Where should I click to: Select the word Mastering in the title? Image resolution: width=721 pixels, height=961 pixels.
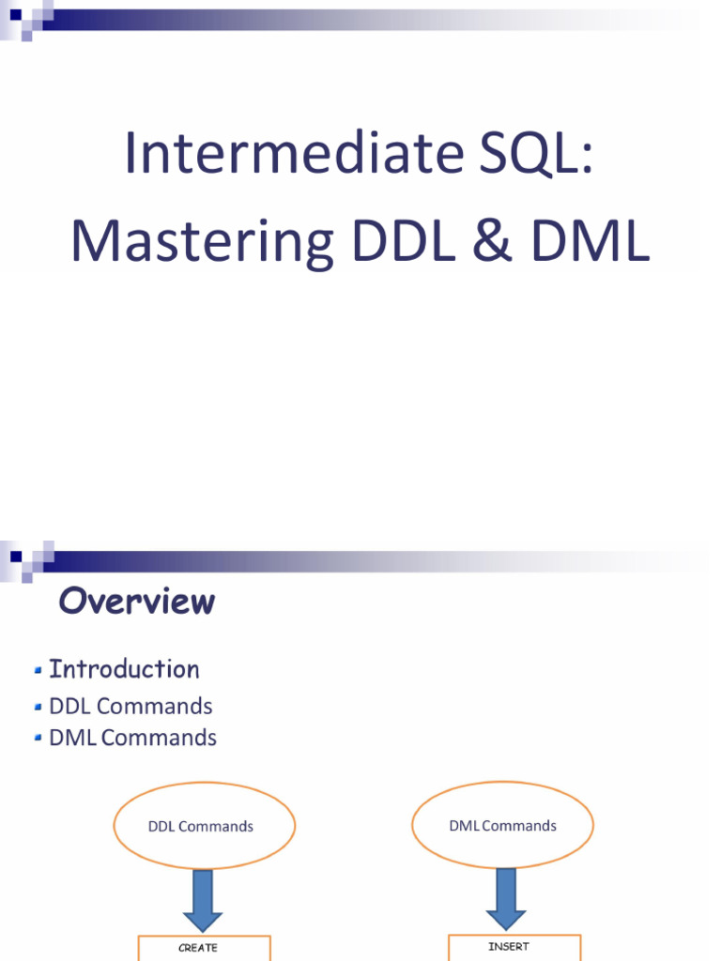click(203, 242)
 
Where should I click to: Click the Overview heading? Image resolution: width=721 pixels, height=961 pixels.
click(137, 601)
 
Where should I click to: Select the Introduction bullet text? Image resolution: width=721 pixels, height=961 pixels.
click(125, 668)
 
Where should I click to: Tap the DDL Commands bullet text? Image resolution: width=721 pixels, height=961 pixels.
click(130, 706)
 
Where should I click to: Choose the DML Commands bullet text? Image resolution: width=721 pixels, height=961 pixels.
click(132, 738)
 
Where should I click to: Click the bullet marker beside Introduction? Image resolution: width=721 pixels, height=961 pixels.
click(38, 670)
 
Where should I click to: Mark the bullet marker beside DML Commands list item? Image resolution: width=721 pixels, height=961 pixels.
click(38, 738)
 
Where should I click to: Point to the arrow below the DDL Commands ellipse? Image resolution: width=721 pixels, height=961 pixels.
click(203, 900)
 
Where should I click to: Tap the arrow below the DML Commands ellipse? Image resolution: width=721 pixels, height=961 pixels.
click(506, 899)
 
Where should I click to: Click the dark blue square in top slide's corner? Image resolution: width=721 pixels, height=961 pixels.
click(16, 14)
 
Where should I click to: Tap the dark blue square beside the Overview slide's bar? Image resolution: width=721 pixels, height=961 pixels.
click(16, 557)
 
